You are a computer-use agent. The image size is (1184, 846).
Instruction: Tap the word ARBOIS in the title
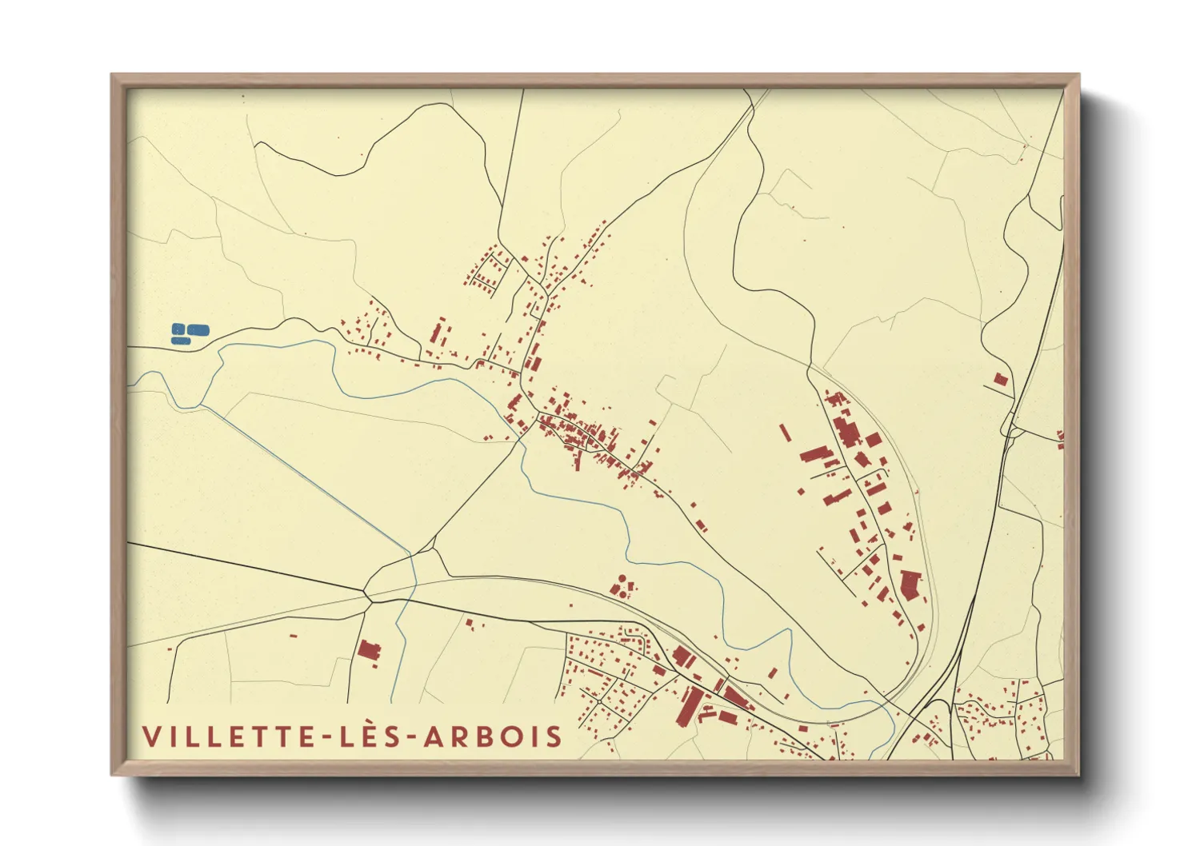click(x=493, y=736)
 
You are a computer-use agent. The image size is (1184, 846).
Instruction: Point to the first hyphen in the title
click(x=326, y=737)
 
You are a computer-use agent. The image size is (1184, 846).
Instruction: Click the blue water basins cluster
click(x=190, y=333)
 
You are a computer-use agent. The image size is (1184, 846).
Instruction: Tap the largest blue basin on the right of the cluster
click(x=198, y=329)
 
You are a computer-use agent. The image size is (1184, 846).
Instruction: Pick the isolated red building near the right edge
click(x=1000, y=380)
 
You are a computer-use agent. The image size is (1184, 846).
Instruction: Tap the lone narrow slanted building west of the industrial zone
click(x=786, y=432)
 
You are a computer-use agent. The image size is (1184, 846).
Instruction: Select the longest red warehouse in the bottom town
click(x=689, y=706)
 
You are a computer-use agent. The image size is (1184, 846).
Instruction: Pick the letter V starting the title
click(x=150, y=736)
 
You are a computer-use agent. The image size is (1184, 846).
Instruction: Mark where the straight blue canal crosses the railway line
click(x=412, y=586)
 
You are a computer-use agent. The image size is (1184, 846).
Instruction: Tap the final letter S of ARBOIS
click(x=554, y=736)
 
